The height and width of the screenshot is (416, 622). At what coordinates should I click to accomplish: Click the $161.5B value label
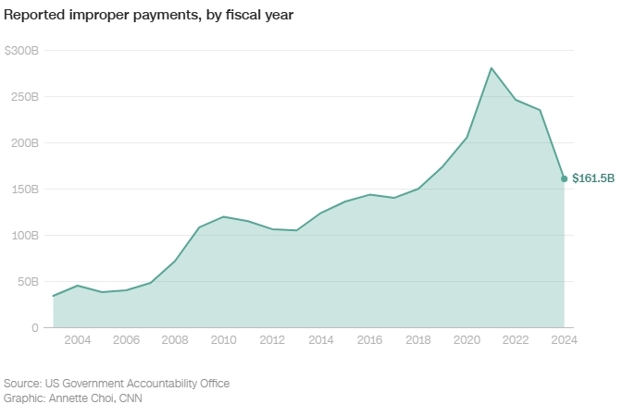[x=593, y=177]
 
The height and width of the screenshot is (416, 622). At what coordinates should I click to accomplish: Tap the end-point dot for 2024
[x=565, y=178]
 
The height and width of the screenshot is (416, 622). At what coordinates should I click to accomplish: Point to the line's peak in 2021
[x=491, y=67]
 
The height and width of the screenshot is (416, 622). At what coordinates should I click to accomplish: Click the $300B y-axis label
[x=21, y=50]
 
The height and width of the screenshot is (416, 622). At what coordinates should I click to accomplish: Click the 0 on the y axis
[x=35, y=327]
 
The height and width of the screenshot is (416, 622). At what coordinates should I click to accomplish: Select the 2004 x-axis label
[x=78, y=340]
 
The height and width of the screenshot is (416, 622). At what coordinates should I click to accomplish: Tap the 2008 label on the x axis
[x=175, y=340]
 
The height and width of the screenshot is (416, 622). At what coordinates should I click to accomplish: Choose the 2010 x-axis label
[x=223, y=340]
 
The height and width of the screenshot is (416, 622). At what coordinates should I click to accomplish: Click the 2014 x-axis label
[x=320, y=340]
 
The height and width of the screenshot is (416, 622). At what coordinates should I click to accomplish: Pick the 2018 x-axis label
[x=418, y=340]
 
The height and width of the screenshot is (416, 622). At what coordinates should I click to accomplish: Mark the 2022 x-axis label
[x=516, y=340]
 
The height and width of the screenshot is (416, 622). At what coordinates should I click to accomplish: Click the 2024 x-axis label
[x=564, y=340]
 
